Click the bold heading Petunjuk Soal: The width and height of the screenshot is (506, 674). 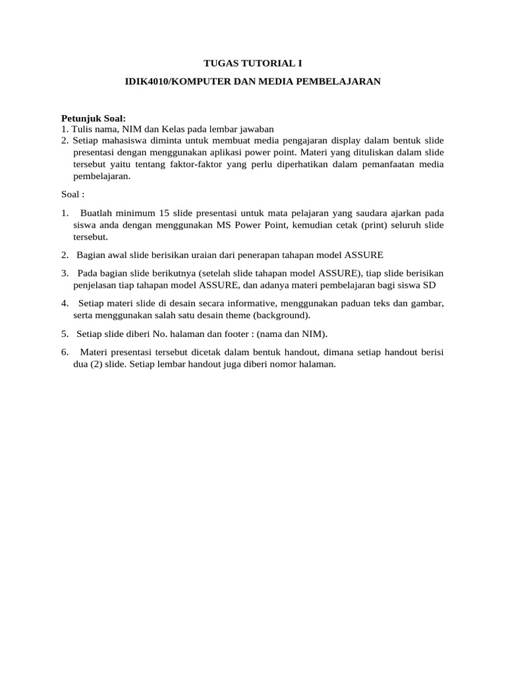tap(93, 118)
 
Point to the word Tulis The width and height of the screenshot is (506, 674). tap(82, 129)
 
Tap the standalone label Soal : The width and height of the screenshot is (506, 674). tap(73, 195)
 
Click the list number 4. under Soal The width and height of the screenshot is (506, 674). tap(65, 303)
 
